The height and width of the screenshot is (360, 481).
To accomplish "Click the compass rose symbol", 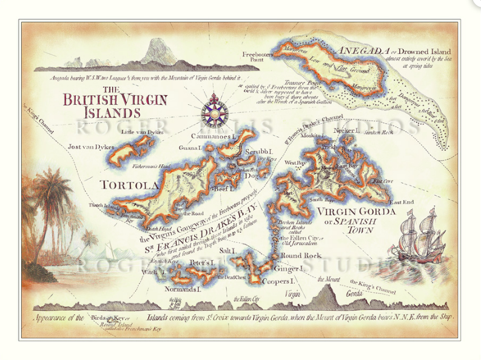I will click(214, 109).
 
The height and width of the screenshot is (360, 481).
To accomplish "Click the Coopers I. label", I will click(280, 282).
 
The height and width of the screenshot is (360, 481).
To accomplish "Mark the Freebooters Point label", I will click(255, 56).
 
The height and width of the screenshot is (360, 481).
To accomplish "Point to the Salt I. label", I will click(227, 250).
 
